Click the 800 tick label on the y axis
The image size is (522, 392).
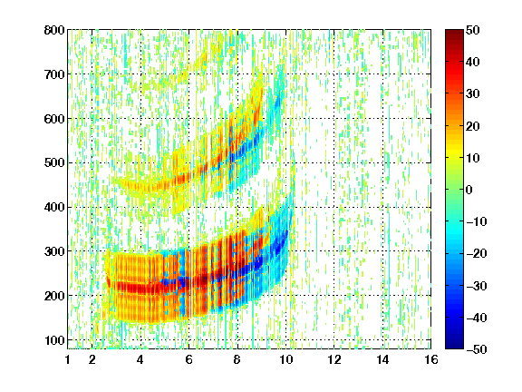click(54, 30)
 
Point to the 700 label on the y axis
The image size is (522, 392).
click(54, 74)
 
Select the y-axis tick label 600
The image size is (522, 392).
click(54, 119)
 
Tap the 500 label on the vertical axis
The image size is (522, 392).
click(54, 163)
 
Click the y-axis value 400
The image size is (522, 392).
click(54, 207)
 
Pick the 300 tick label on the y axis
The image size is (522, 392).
click(54, 251)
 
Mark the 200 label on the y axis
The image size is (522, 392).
click(54, 296)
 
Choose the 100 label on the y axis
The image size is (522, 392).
click(54, 340)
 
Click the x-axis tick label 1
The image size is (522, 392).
click(68, 359)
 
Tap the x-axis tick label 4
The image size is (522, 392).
click(140, 359)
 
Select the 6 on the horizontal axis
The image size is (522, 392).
click(188, 359)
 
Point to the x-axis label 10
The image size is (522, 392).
click(285, 359)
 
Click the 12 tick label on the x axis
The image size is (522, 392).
click(333, 359)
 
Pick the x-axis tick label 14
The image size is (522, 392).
click(382, 359)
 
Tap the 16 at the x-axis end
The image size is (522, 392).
click(430, 359)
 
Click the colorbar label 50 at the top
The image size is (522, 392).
click(473, 30)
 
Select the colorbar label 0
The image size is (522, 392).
click(469, 190)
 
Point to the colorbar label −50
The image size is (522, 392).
click(477, 349)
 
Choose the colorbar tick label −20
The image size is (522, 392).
click(477, 253)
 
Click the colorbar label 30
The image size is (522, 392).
click(473, 94)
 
